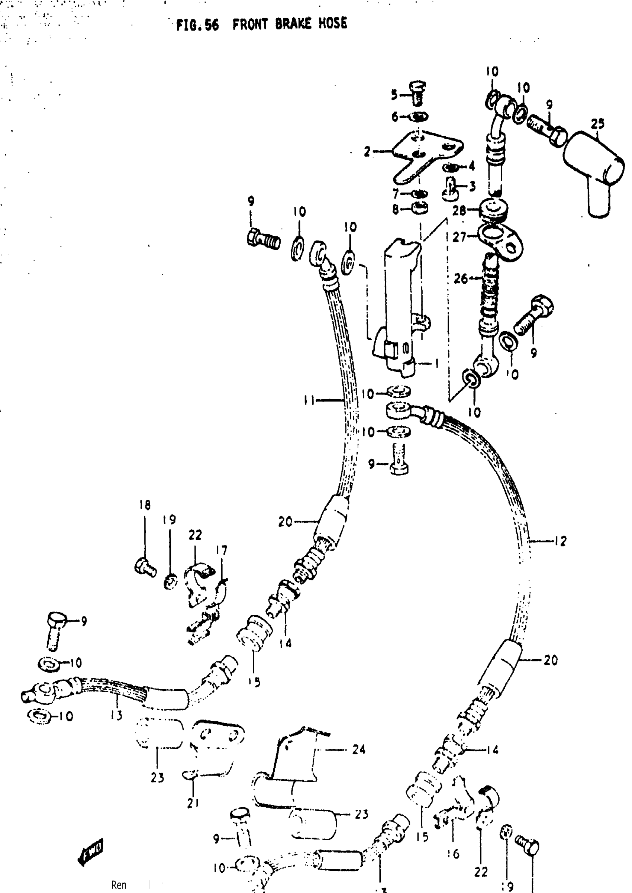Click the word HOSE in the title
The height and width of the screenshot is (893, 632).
pyautogui.click(x=332, y=24)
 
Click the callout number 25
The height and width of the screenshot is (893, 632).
pyautogui.click(x=597, y=124)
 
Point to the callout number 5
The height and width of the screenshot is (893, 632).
pyautogui.click(x=394, y=94)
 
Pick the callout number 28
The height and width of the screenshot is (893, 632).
pyautogui.click(x=459, y=210)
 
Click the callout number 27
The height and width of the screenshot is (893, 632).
pyautogui.click(x=459, y=236)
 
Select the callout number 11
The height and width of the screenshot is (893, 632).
pyautogui.click(x=309, y=400)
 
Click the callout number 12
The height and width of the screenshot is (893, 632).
pyautogui.click(x=561, y=541)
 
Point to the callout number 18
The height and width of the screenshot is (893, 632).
pyautogui.click(x=145, y=505)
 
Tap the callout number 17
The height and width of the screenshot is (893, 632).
pyautogui.click(x=222, y=550)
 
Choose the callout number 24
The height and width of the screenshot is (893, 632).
pyautogui.click(x=358, y=749)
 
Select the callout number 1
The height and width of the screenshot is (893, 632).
pyautogui.click(x=437, y=364)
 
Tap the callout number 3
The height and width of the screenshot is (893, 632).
pyautogui.click(x=472, y=186)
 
